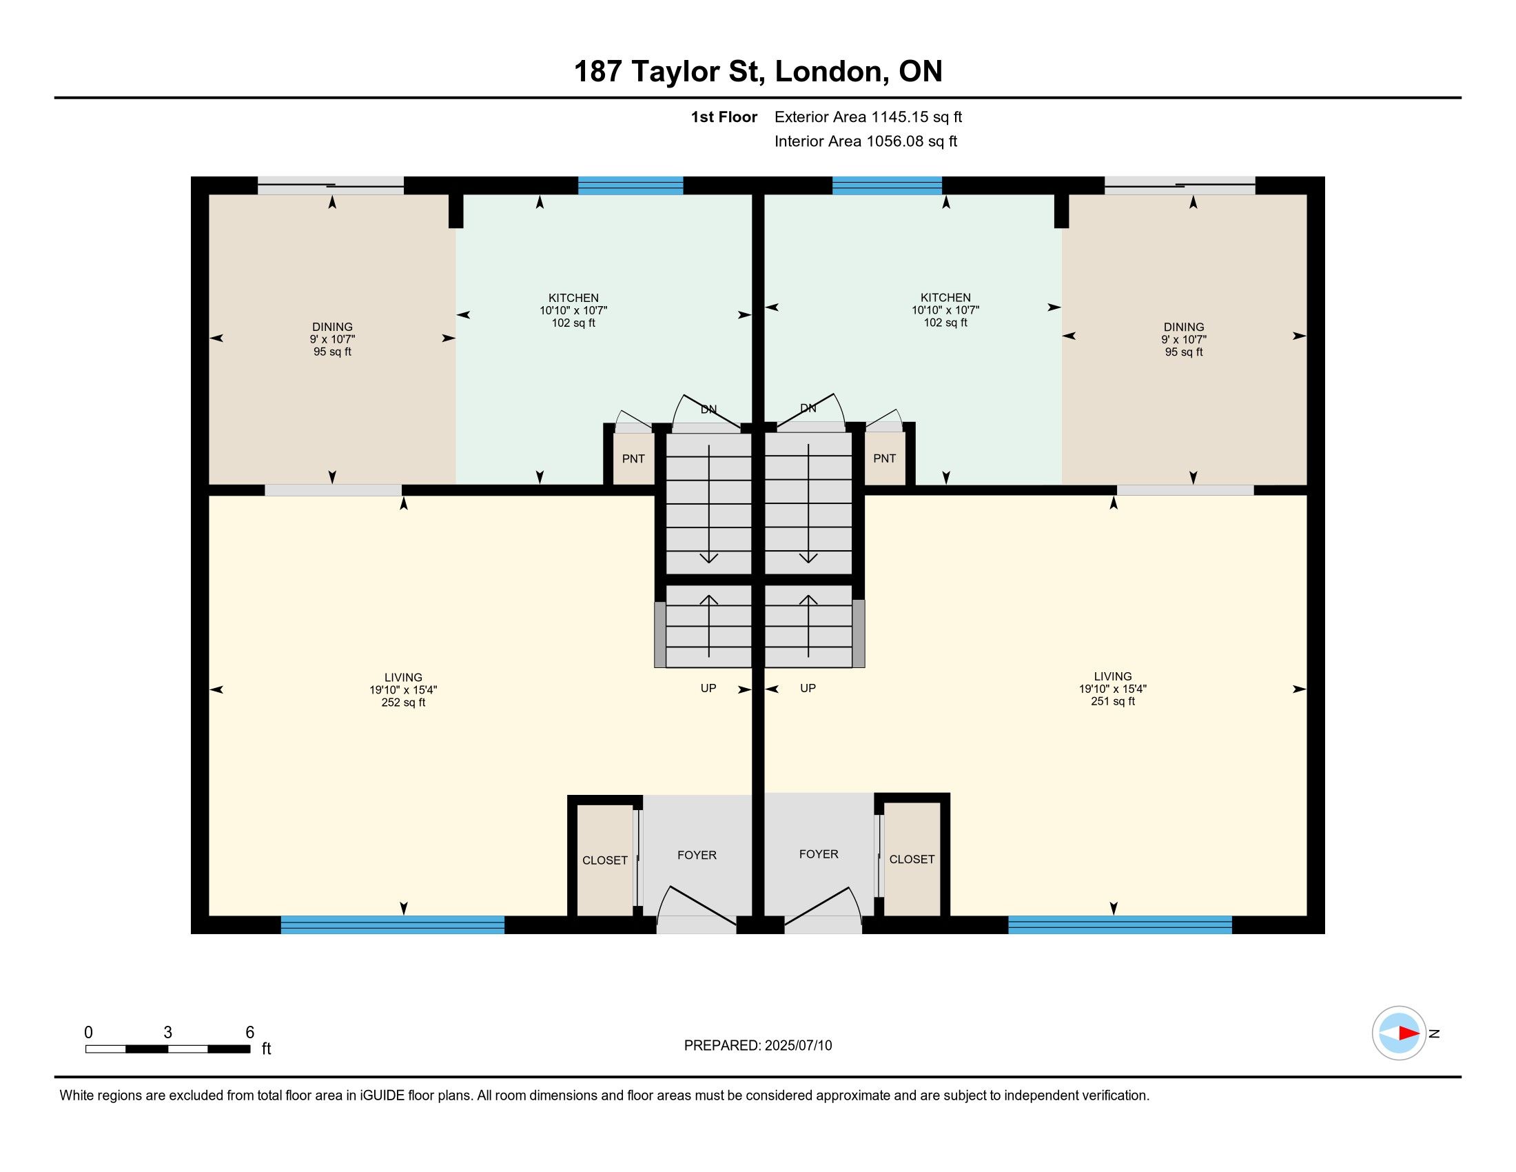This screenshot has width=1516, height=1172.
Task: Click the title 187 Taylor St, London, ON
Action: [x=758, y=72]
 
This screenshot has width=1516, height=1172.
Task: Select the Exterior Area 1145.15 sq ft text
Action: [x=868, y=117]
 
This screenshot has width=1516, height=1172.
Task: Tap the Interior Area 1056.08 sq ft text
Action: [x=865, y=141]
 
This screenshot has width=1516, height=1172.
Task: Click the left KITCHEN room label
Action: [x=573, y=310]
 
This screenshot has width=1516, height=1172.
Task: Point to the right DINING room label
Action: [x=1184, y=339]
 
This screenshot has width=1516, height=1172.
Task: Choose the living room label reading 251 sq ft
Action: [x=1113, y=689]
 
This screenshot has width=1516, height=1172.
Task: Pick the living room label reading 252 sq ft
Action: [x=403, y=689]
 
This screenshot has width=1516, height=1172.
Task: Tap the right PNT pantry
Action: [x=885, y=458]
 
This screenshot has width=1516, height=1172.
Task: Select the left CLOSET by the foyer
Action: [x=604, y=860]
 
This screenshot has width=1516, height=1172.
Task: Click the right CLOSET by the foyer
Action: [x=912, y=860]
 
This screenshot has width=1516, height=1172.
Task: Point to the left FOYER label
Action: [x=697, y=856]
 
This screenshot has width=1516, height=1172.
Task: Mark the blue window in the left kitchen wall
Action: [x=631, y=185]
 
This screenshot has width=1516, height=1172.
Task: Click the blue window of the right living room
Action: [x=1120, y=925]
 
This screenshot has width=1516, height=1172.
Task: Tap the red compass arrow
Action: [x=1409, y=1033]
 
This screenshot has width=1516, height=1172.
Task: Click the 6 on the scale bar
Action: [x=250, y=1032]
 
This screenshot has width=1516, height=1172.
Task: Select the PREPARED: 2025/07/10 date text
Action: [x=758, y=1046]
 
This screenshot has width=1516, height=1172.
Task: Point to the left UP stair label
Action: [x=708, y=688]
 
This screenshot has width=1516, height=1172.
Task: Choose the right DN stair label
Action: [x=808, y=408]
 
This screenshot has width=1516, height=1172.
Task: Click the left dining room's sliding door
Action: [x=331, y=185]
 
